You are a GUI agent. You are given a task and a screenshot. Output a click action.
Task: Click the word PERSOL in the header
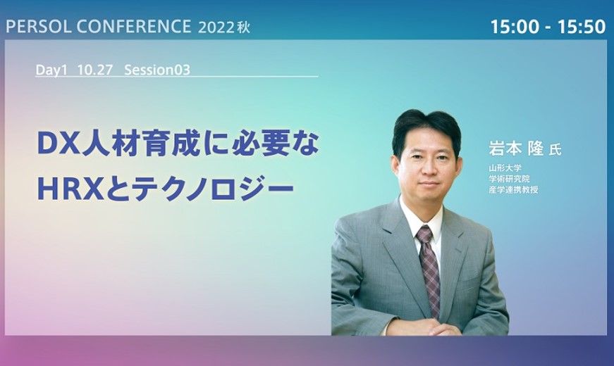pos(38,27)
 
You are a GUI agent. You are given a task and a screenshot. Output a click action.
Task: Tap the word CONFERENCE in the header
pos(133,27)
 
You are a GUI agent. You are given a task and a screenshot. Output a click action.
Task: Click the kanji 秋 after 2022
pos(243,27)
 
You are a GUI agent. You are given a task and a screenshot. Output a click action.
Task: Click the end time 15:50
pos(582,27)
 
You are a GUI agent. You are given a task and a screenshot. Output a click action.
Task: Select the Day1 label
pos(51,70)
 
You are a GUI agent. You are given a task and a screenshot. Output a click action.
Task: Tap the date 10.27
pos(95,70)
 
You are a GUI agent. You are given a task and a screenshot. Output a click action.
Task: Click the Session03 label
pos(157,70)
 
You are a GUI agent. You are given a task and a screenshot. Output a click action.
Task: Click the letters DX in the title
pos(59,144)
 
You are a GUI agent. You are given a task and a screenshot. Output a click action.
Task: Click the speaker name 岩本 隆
pos(516,149)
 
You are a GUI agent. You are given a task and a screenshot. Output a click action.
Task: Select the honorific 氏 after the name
pos(555,150)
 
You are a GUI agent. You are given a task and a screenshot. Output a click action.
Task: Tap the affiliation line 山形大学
pos(505,168)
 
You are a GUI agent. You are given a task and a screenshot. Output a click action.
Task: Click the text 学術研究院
pos(509,179)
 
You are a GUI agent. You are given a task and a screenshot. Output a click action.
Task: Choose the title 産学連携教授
pos(513,189)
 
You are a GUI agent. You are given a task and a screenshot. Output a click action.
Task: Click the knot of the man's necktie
pos(424,234)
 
